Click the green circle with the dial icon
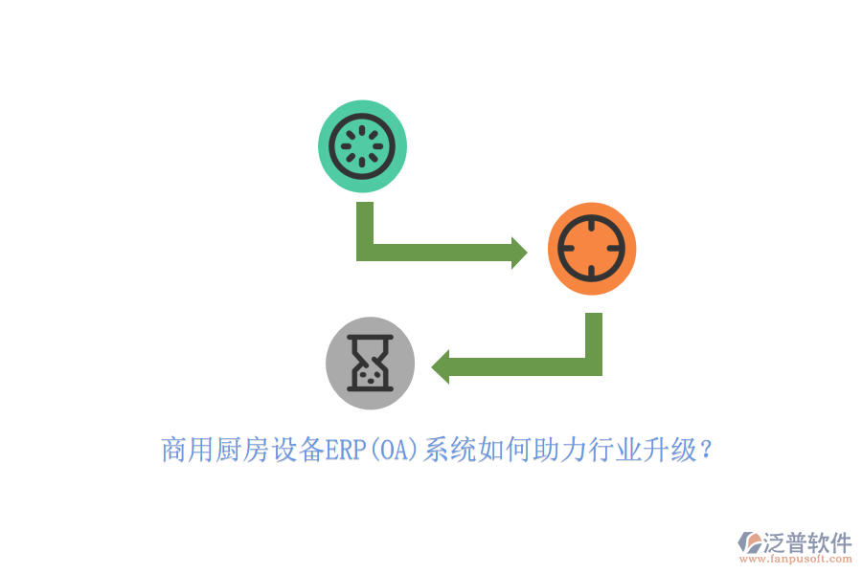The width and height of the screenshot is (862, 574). (x=362, y=146)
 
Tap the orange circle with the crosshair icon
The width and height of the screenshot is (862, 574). (x=592, y=249)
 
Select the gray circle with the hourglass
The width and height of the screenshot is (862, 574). (x=370, y=364)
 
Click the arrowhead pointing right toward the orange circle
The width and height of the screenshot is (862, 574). (x=519, y=253)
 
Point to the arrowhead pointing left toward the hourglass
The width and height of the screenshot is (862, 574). (x=441, y=366)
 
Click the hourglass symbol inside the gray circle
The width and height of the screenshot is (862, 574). (x=370, y=364)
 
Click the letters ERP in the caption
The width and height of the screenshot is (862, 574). (x=346, y=450)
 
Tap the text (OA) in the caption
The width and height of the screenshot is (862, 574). (x=395, y=450)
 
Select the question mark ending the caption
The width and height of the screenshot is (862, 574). (x=707, y=450)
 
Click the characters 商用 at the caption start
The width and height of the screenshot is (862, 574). (x=188, y=450)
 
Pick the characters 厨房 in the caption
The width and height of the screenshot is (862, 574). (x=241, y=450)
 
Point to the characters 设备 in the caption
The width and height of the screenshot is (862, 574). (x=298, y=450)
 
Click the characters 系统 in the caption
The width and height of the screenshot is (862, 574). (x=450, y=450)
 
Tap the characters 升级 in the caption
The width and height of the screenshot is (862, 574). (x=670, y=450)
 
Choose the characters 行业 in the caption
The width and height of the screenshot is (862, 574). (x=615, y=450)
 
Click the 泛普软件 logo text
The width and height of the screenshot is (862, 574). (x=807, y=542)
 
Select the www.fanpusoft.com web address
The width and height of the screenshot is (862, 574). (x=796, y=559)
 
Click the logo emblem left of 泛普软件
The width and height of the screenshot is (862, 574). (x=750, y=542)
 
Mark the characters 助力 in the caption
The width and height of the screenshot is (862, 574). (x=560, y=450)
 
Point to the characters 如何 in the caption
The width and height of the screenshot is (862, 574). (x=505, y=450)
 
